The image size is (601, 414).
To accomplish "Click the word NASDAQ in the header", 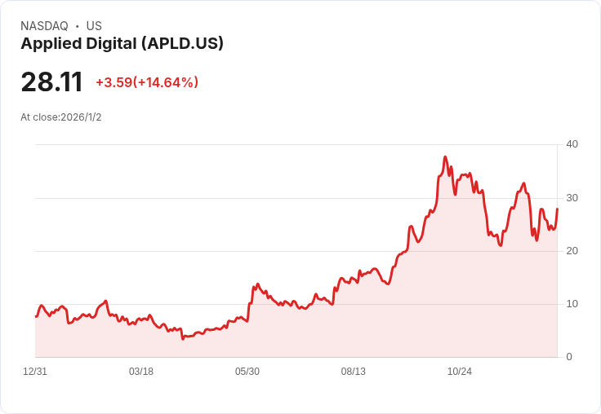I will coord(44,26).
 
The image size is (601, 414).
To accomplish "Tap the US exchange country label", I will coord(94,26).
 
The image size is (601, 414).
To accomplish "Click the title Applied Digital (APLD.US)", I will coord(122,44).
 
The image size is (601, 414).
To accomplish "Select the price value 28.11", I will coord(51,82).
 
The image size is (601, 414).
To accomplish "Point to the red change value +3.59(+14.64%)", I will coord(147,82).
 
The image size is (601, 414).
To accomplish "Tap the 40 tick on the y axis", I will coord(572,144).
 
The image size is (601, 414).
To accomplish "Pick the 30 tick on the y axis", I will coord(572,198).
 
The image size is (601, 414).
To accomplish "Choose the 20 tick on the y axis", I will coord(572,251).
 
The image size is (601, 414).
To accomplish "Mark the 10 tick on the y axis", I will coord(572,304).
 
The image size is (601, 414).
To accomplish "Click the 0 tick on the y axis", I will coord(569,357).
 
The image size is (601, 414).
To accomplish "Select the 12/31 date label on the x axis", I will coord(35,372).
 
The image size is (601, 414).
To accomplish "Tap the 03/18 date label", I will coord(141,372).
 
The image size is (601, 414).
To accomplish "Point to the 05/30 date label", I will coord(247,372).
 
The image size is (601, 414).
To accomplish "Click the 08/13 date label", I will coord(354,372).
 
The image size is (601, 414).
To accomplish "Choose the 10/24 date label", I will coord(460,372).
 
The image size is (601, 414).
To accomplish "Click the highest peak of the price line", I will coord(445,156).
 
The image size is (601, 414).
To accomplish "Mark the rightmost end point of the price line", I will coord(557,209).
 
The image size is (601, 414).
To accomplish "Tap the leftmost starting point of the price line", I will coord(36,316).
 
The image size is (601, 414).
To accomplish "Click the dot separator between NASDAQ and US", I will coord(77,26).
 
